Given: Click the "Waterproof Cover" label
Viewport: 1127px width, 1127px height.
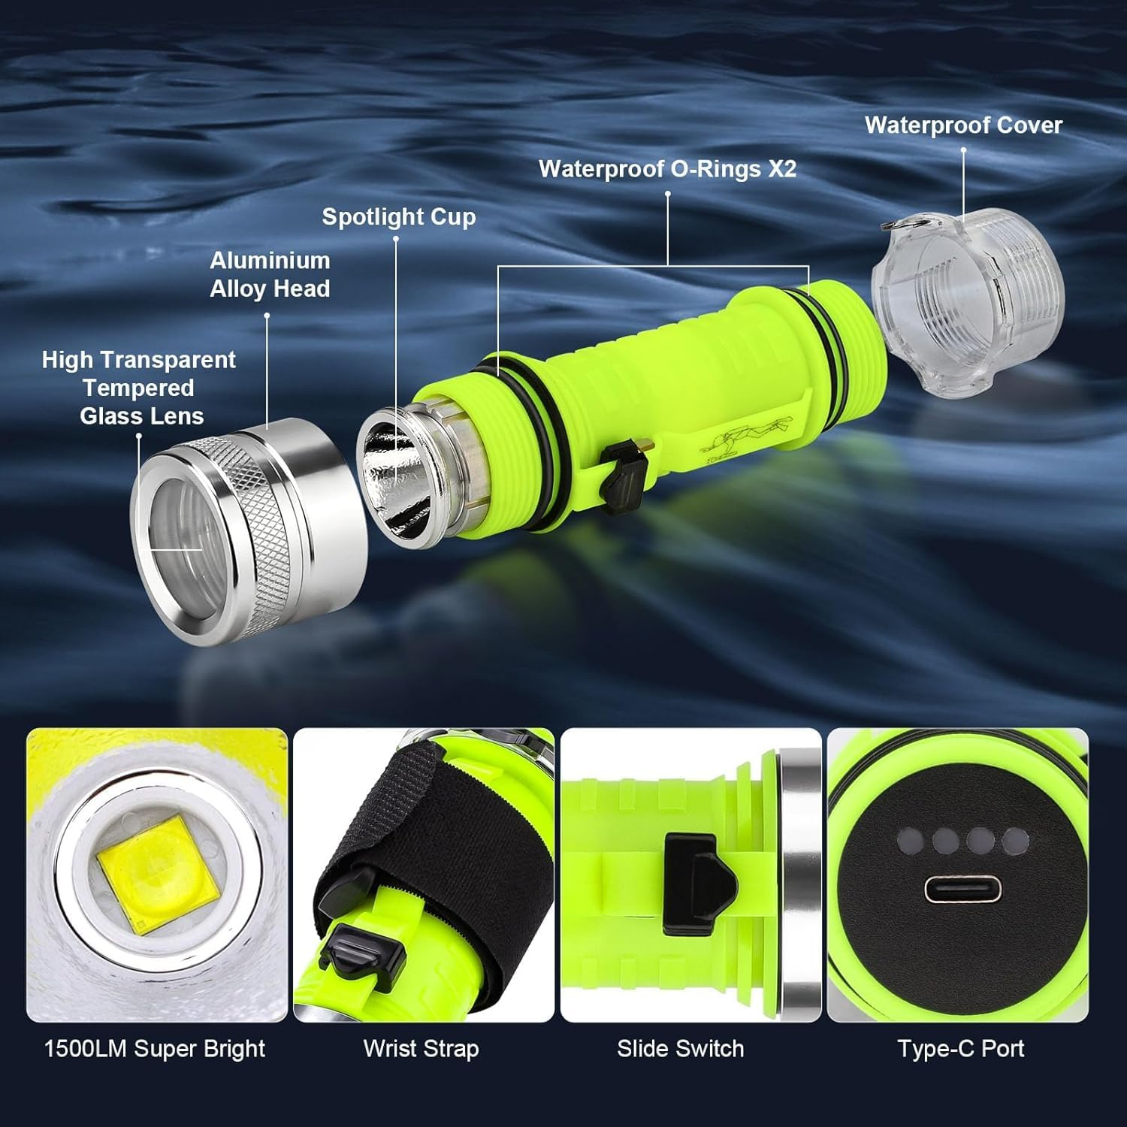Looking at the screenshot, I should pyautogui.click(x=963, y=125).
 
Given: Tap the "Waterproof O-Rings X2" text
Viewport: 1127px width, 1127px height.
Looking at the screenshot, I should pyautogui.click(x=667, y=169).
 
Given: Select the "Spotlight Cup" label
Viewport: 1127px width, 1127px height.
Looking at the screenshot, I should pyautogui.click(x=399, y=217).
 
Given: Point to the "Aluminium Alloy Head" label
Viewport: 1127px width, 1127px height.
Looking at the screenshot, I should pyautogui.click(x=270, y=274).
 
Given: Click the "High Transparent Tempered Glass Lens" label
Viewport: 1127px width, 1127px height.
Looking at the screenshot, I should pyautogui.click(x=139, y=388).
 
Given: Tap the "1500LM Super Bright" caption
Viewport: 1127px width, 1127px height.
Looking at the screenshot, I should pyautogui.click(x=155, y=1049).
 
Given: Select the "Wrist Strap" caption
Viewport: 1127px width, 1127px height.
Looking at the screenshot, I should pyautogui.click(x=421, y=1049).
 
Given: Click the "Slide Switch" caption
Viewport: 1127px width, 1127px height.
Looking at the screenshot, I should pyautogui.click(x=680, y=1049).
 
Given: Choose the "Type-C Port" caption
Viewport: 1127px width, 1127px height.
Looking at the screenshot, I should pyautogui.click(x=960, y=1049).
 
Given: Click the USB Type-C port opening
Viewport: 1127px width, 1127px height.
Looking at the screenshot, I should pyautogui.click(x=962, y=891).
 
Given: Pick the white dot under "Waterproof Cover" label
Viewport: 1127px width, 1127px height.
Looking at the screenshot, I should pyautogui.click(x=963, y=150).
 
